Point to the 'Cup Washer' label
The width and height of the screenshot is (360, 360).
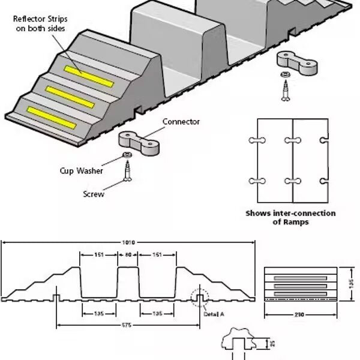tap(81, 171)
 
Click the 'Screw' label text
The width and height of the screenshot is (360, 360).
tap(93, 194)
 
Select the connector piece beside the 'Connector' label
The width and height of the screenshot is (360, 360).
tap(139, 141)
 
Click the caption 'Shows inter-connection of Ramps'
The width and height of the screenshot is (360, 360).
tap(290, 217)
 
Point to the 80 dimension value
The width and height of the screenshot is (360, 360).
tap(127, 254)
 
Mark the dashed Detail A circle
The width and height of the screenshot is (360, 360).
tap(199, 298)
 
